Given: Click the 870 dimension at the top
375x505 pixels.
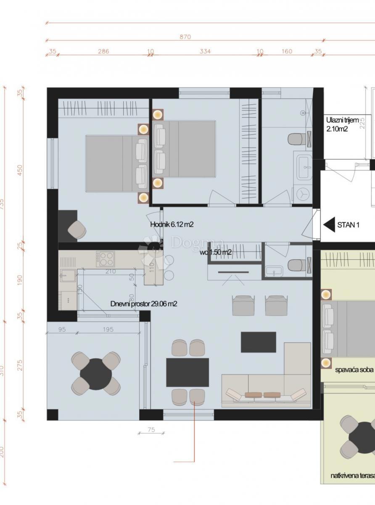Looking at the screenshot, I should click(x=185, y=37).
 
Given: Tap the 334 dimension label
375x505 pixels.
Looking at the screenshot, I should click(x=205, y=51).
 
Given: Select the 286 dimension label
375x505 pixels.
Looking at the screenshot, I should click(x=103, y=51).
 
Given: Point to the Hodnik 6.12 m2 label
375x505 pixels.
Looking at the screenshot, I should click(x=172, y=225).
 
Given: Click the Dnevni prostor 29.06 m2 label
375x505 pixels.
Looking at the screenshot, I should click(x=143, y=303).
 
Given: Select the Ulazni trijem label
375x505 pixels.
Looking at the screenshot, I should click(x=342, y=120).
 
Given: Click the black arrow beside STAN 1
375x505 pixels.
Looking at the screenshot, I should click(x=329, y=225).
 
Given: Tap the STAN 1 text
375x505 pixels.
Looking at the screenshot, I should click(x=348, y=225).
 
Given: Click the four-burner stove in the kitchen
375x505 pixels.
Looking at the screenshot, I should click(x=105, y=258).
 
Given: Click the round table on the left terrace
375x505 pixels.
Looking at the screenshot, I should click(x=96, y=374).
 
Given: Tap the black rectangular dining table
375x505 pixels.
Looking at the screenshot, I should click(x=187, y=372).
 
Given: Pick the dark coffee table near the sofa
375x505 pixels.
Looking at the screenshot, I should click(x=259, y=342).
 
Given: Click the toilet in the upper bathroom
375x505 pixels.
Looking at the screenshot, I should click(x=298, y=138).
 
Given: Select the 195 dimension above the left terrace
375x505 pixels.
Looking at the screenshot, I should click(x=108, y=330).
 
